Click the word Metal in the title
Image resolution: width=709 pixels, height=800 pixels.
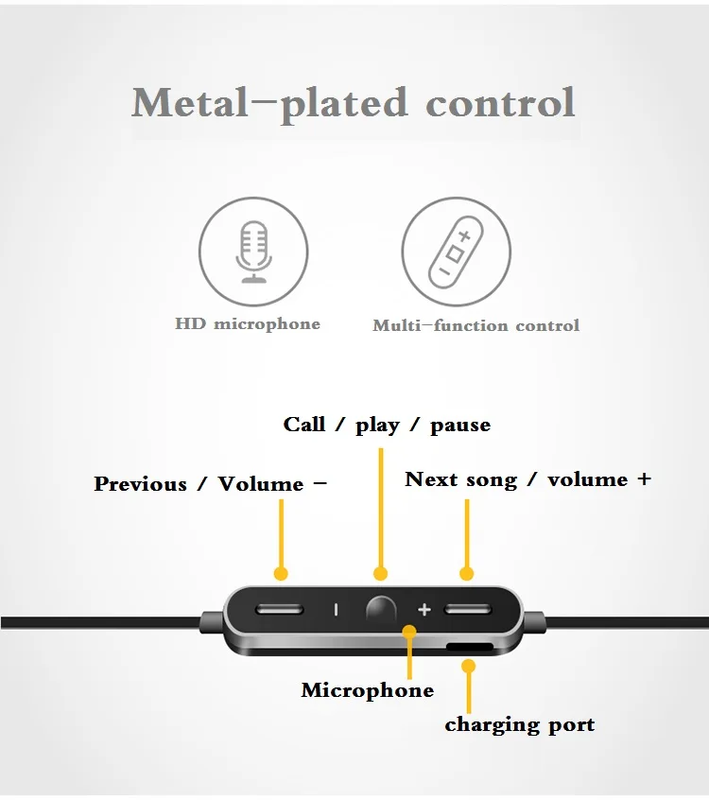tap(190, 103)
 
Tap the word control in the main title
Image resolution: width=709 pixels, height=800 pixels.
tap(501, 103)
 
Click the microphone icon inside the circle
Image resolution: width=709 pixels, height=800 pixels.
tap(253, 252)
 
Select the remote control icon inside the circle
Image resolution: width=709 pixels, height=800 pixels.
tap(456, 252)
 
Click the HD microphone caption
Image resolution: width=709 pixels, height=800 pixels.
tap(248, 324)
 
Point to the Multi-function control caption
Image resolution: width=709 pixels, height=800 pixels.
tap(476, 325)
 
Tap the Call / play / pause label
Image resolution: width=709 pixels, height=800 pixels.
tap(387, 425)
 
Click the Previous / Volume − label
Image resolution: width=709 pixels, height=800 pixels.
tap(210, 483)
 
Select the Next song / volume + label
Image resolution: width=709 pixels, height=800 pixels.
tap(527, 479)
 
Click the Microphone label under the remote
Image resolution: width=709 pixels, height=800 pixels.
tap(367, 690)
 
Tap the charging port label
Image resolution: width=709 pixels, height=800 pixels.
tap(519, 725)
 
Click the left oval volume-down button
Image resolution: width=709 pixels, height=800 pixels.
tap(280, 609)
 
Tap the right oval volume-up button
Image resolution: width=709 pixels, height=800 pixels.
tap(468, 609)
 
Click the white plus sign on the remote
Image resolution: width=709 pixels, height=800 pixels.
tap(424, 610)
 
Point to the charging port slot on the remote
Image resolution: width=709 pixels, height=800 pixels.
tap(470, 647)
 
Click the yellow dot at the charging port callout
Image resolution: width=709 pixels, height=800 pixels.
tap(468, 666)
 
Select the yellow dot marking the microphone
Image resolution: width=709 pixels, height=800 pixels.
tap(409, 632)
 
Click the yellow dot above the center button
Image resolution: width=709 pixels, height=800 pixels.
tap(381, 574)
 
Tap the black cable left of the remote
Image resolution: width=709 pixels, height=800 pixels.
tap(101, 622)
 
